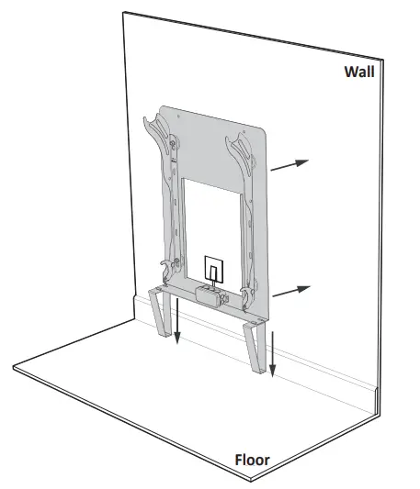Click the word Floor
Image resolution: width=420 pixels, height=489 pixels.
(254, 459)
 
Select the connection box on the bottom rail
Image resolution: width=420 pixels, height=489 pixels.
(210, 295)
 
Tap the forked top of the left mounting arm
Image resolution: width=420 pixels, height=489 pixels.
(155, 128)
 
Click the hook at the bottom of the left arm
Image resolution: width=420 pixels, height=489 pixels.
(165, 270)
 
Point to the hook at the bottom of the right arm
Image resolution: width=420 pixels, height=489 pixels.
(247, 294)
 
